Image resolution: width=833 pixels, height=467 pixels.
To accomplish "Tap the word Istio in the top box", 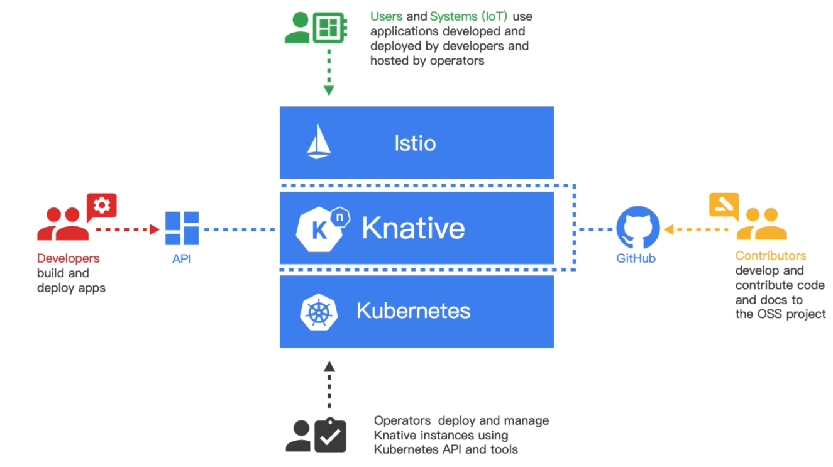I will [x=415, y=143].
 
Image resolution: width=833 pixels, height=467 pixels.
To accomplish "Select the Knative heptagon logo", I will [x=322, y=229].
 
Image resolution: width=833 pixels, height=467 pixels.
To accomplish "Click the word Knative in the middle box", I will [x=413, y=228].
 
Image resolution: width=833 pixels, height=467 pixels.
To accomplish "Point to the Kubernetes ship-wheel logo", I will [x=319, y=312].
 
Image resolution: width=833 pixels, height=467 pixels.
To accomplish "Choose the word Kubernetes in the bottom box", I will [x=413, y=310].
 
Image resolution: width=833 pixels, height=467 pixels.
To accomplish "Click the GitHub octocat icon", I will [x=638, y=229].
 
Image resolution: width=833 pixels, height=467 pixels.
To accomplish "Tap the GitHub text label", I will [x=636, y=258].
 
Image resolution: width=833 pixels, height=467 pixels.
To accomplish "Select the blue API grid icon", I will [x=182, y=229].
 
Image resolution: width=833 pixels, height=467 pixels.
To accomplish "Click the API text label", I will [x=182, y=258].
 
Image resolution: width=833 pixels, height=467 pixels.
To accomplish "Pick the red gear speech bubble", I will [x=102, y=206].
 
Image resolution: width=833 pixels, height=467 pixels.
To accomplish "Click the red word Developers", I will [x=68, y=258].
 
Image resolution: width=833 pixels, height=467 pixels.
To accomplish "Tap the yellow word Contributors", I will [x=771, y=256].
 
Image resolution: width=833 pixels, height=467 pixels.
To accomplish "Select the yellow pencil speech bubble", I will [x=724, y=205].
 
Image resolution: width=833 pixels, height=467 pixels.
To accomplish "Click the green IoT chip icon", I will [x=328, y=27].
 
